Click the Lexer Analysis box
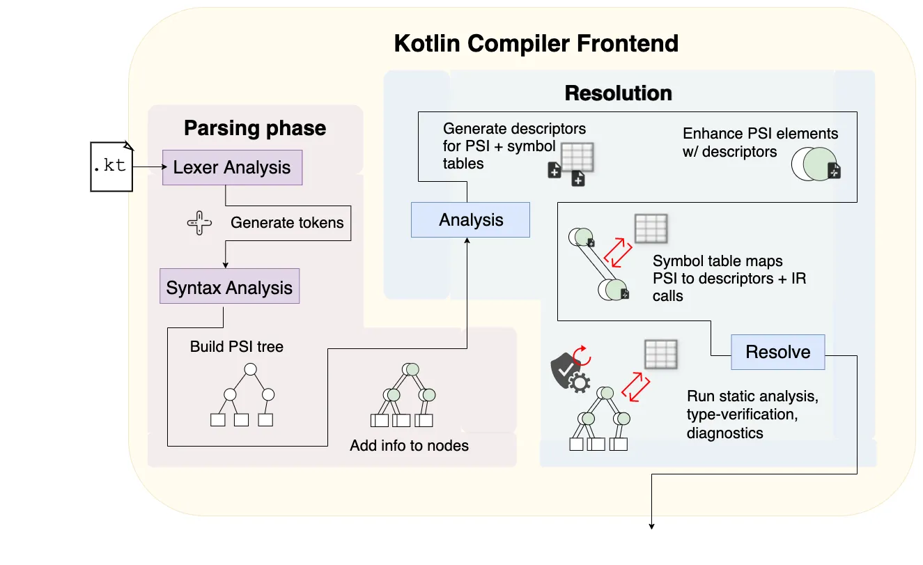232,167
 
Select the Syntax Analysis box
229,288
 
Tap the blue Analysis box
471,220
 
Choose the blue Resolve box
778,352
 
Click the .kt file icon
111,167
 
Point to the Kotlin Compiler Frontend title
536,43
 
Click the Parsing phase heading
255,128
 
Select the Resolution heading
618,93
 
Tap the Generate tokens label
287,223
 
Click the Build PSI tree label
237,346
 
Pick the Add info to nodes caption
409,445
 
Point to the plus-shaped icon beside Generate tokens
199,223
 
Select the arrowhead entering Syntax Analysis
225,265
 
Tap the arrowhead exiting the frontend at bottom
651,526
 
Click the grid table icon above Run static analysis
660,354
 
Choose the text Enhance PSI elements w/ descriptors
760,142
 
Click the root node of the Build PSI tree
251,369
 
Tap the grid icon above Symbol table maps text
651,228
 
